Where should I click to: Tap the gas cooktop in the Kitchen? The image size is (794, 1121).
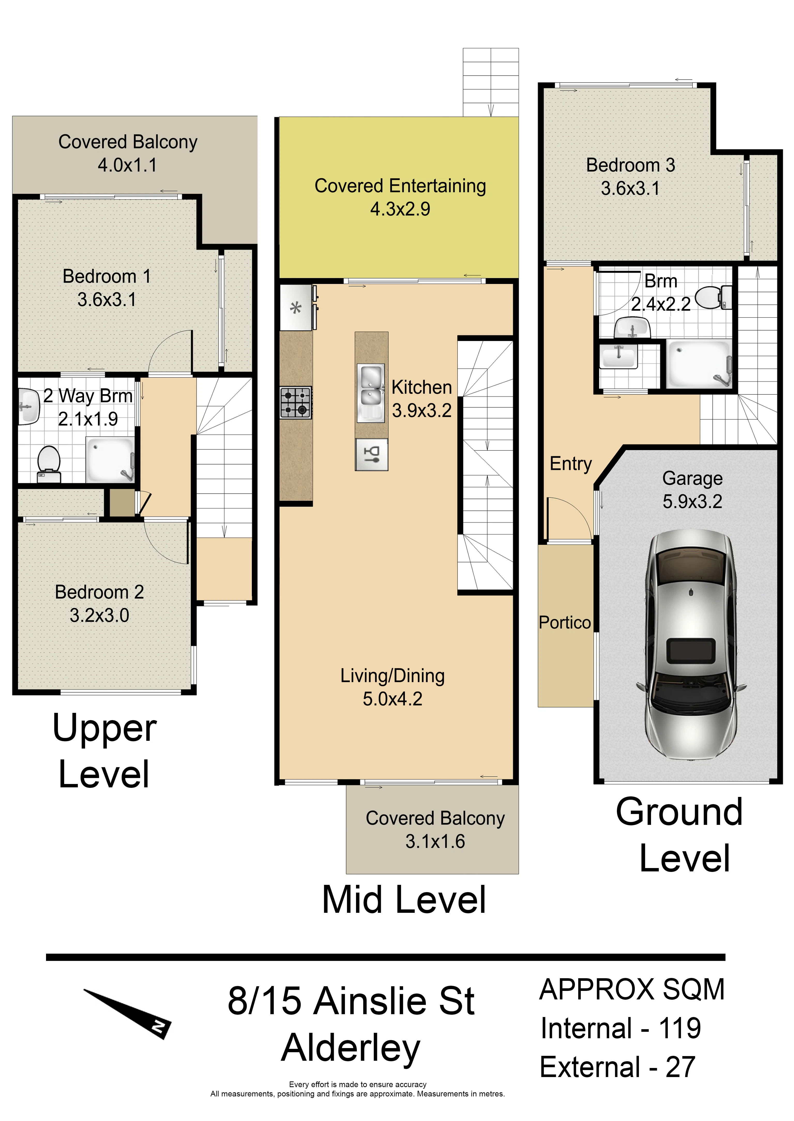(296, 402)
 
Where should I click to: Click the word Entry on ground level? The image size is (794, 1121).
(571, 464)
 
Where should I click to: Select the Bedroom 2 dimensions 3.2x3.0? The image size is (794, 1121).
(99, 615)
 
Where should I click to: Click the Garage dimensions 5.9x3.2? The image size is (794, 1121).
(692, 501)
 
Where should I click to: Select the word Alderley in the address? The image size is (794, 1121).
(351, 1048)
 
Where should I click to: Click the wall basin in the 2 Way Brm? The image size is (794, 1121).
(28, 406)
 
